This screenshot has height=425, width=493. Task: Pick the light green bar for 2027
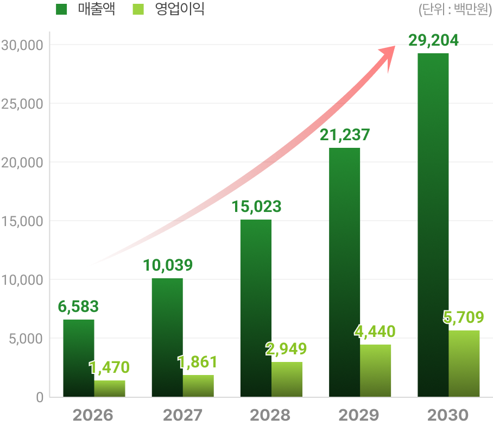[198, 385]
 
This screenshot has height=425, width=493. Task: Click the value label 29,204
[433, 40]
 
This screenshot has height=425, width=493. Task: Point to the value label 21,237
[345, 135]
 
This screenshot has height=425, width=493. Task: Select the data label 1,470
[109, 368]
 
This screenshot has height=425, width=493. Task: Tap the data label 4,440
[375, 331]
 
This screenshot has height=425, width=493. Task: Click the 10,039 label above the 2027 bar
[168, 266]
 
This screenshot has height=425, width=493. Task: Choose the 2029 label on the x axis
[359, 415]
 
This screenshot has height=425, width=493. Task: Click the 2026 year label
[93, 415]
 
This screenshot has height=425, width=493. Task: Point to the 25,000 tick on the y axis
[22, 103]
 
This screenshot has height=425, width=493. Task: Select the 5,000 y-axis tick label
[25, 339]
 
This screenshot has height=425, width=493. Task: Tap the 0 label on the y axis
[39, 397]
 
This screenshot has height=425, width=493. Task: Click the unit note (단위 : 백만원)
[455, 10]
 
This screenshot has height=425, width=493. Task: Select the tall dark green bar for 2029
[345, 272]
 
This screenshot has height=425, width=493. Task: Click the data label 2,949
[286, 349]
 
